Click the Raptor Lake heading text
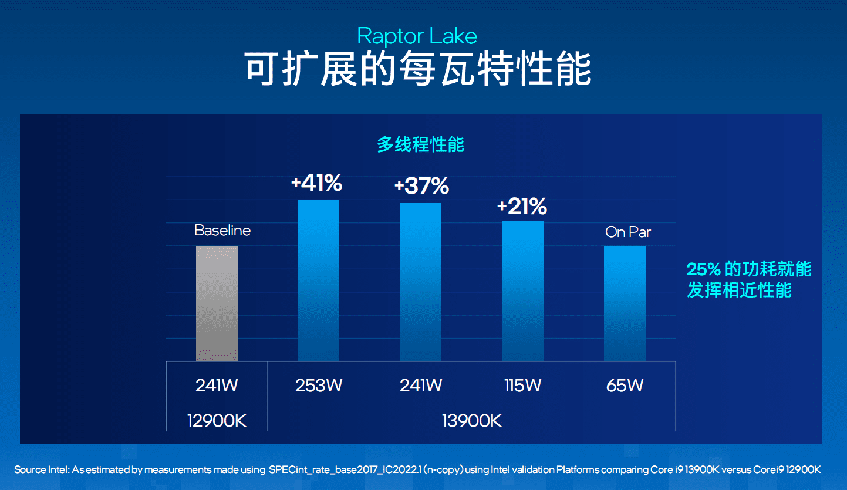pyautogui.click(x=417, y=36)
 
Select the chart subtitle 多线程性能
pyautogui.click(x=420, y=144)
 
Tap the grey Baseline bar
pyautogui.click(x=217, y=303)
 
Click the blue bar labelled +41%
pyautogui.click(x=319, y=280)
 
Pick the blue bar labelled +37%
pyautogui.click(x=421, y=282)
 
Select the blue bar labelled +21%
pyautogui.click(x=523, y=290)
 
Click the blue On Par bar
pyautogui.click(x=625, y=303)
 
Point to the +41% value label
pyautogui.click(x=316, y=184)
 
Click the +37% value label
pyautogui.click(x=421, y=187)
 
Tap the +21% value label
pyautogui.click(x=522, y=207)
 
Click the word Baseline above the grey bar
pyautogui.click(x=222, y=231)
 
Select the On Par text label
pyautogui.click(x=628, y=232)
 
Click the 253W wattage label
pyautogui.click(x=319, y=386)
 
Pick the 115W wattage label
pyautogui.click(x=522, y=386)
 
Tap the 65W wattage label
pyautogui.click(x=625, y=386)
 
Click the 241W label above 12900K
pyautogui.click(x=217, y=386)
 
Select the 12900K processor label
pyautogui.click(x=217, y=420)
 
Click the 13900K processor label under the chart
pyautogui.click(x=472, y=420)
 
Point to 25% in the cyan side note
pyautogui.click(x=703, y=269)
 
